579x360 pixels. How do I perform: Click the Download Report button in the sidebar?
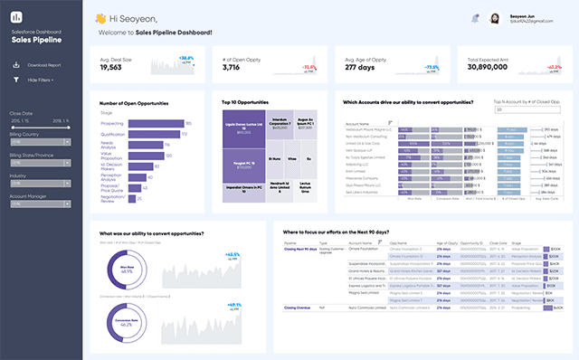click(x=43, y=65)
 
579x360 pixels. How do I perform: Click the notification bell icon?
click(x=475, y=18)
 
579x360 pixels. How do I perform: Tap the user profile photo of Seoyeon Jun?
click(x=496, y=18)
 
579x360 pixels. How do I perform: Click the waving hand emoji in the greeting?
click(x=100, y=18)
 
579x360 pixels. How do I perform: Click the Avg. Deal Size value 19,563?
click(x=110, y=67)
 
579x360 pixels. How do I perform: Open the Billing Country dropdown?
click(x=41, y=141)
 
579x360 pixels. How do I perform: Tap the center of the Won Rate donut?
click(x=122, y=267)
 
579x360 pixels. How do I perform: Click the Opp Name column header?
click(x=399, y=242)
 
